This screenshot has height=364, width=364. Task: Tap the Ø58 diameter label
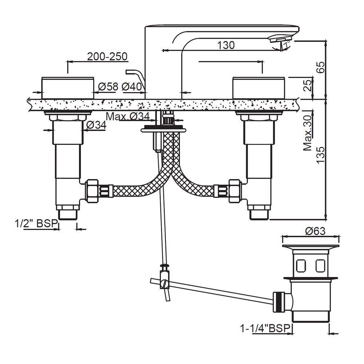(x=108, y=87)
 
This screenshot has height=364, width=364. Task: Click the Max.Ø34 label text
(x=128, y=116)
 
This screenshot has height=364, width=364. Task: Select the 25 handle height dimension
(x=308, y=86)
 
